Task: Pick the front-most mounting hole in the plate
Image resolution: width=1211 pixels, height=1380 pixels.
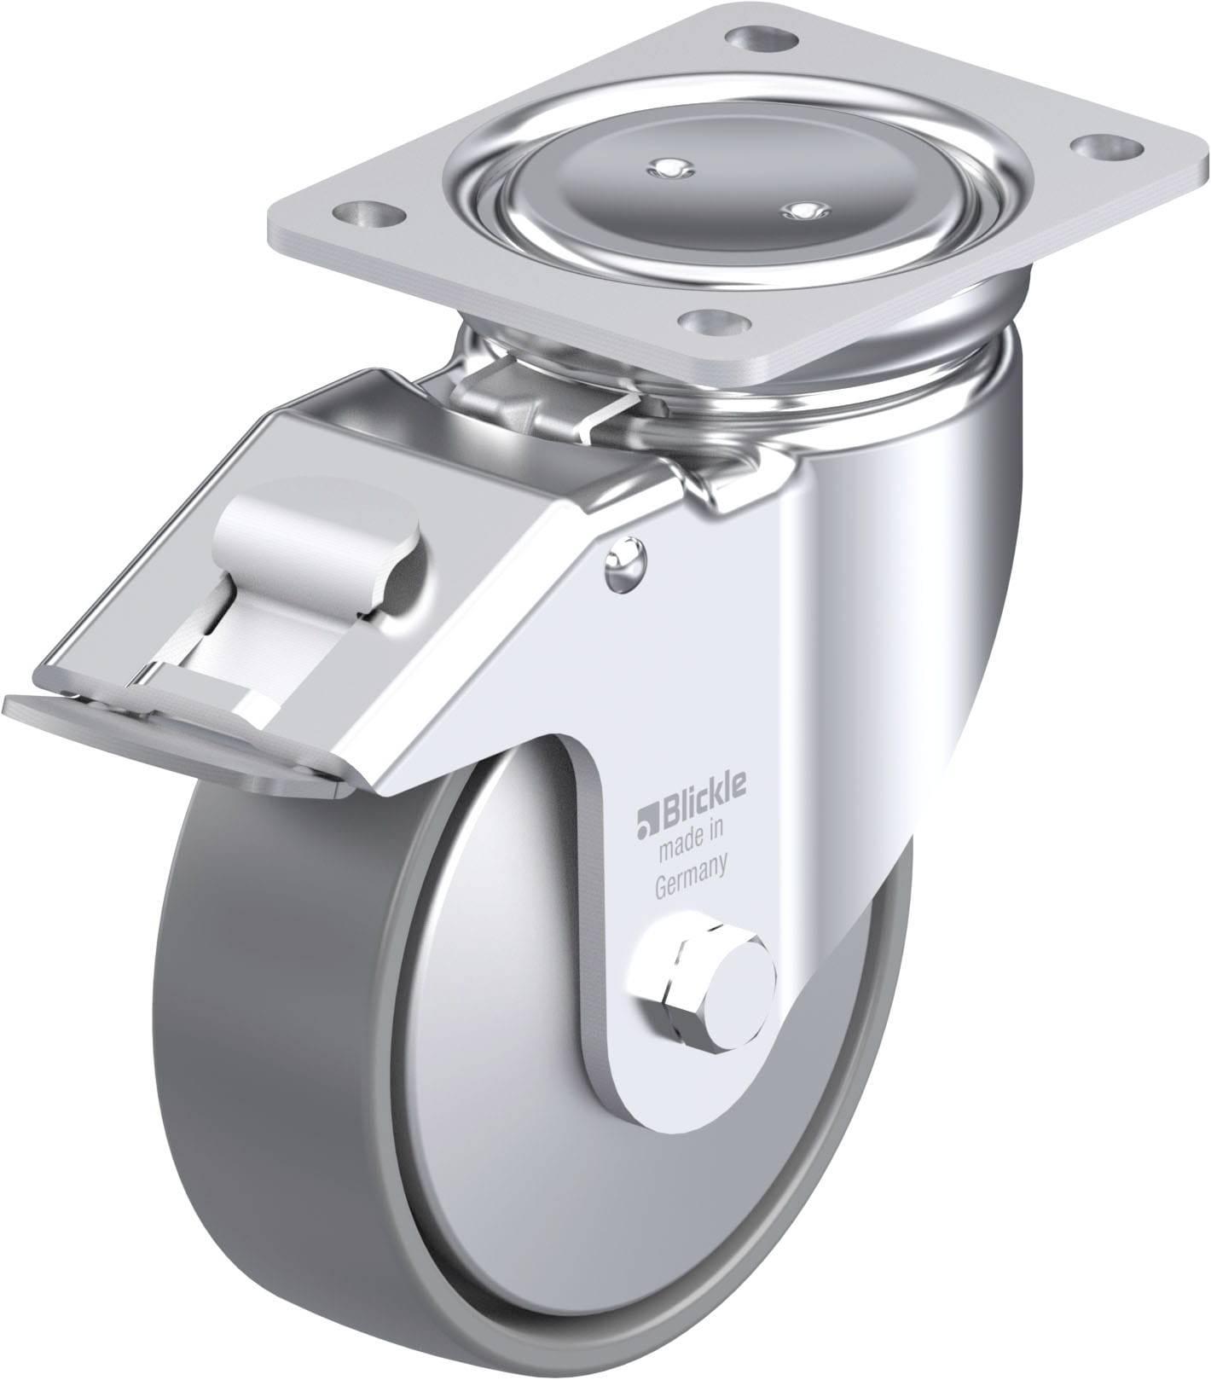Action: [715, 322]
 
